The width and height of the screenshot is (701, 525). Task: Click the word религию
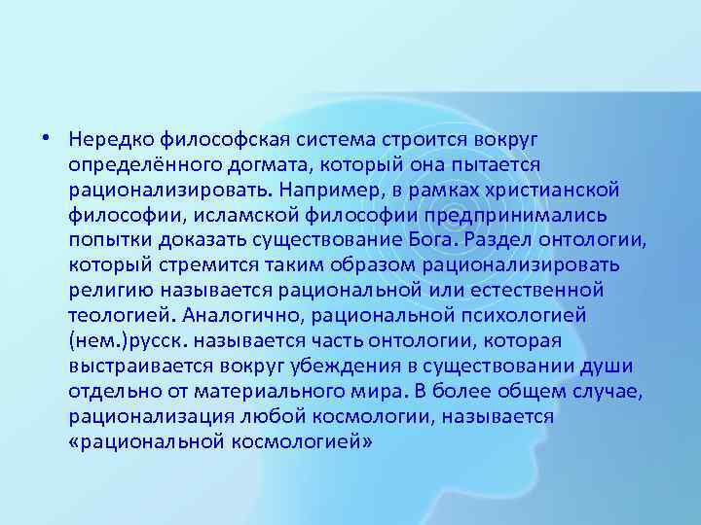tap(107, 290)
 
